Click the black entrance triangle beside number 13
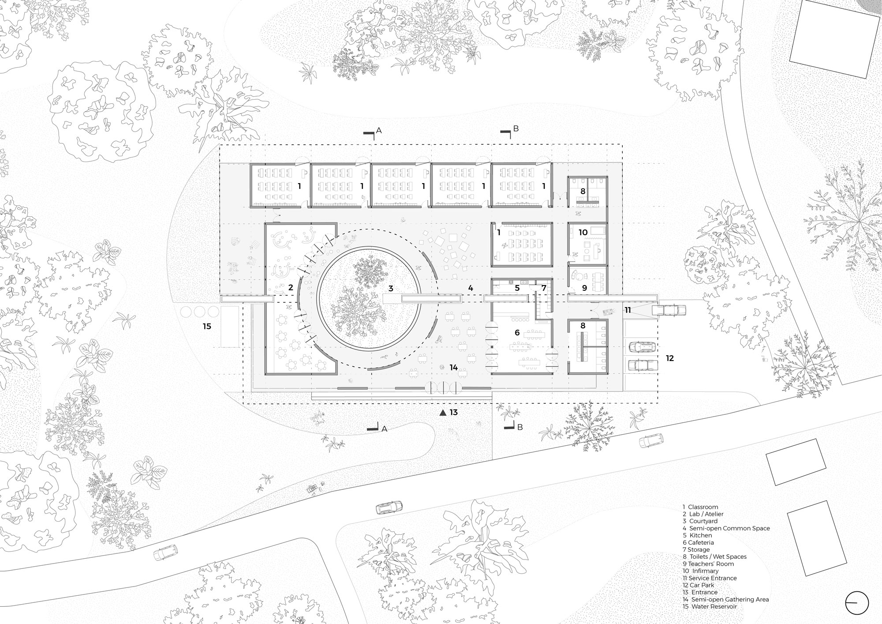[443, 413]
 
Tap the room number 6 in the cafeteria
[517, 333]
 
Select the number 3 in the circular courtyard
[391, 288]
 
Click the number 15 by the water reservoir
[207, 327]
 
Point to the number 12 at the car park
[670, 358]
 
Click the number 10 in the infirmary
[583, 232]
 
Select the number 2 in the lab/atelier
[291, 288]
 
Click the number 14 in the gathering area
[453, 367]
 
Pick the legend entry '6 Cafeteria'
[698, 542]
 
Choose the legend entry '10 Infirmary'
[700, 571]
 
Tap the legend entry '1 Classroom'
[700, 507]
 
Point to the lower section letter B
[520, 427]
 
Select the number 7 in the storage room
[544, 288]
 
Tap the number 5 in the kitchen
[517, 288]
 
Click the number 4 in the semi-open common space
[471, 288]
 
